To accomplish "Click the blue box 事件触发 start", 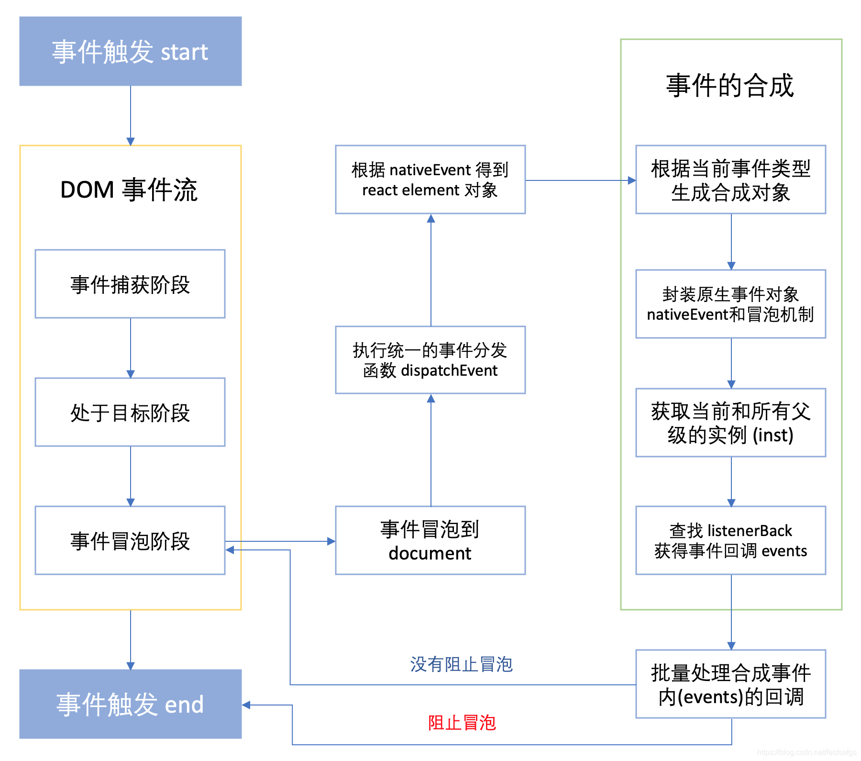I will tap(130, 51).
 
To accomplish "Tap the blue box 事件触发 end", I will tap(130, 704).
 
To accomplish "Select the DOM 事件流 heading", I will tap(129, 190).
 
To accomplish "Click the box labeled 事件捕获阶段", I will tap(130, 284).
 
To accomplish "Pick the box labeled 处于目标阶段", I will tap(130, 413).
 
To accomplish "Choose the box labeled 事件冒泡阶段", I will tap(130, 541).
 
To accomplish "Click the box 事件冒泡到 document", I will tap(430, 541).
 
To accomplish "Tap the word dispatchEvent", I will tap(449, 370).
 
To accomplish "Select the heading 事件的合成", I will tap(730, 86).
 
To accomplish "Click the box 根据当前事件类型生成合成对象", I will tap(730, 180).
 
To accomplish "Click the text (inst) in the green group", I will tap(773, 435).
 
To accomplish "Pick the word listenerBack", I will tap(750, 531).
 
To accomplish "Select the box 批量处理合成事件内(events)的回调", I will tap(730, 684).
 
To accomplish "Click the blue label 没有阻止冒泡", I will tap(461, 664).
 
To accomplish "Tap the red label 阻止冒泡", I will tap(462, 723).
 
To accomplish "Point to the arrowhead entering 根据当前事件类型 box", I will tap(632, 180).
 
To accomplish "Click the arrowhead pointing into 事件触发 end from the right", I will tap(246, 705).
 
